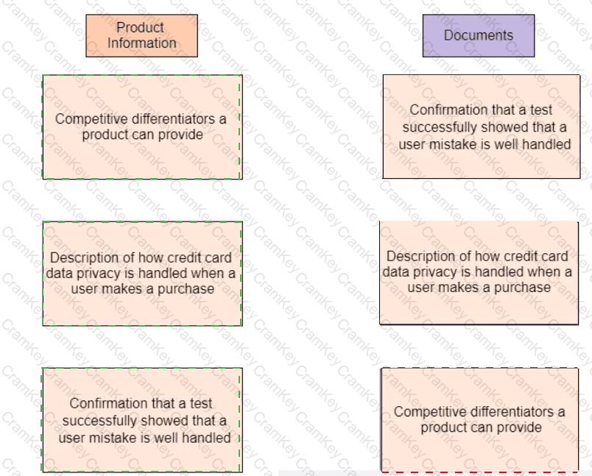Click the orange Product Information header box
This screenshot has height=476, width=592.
(x=141, y=35)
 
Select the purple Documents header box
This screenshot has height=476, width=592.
(x=478, y=35)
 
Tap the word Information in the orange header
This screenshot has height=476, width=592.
(x=142, y=43)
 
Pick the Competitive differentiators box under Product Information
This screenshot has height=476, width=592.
(x=142, y=127)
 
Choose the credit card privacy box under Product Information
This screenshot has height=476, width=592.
(x=142, y=273)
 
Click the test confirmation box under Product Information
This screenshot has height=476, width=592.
(x=142, y=420)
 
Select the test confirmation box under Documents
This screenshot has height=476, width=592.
(x=481, y=126)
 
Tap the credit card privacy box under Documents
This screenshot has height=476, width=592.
(x=479, y=272)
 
